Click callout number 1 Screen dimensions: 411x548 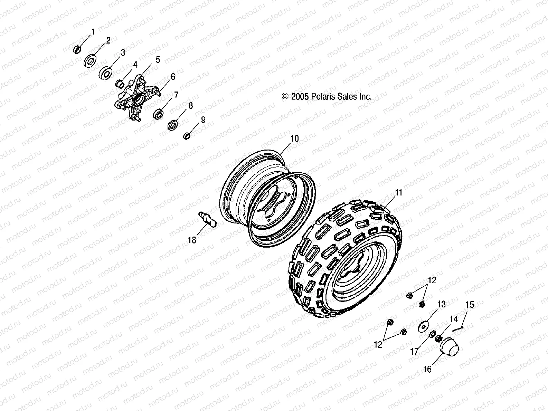(93, 32)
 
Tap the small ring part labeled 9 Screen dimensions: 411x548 (187, 136)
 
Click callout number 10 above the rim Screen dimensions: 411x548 (294, 139)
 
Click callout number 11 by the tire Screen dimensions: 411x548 (399, 192)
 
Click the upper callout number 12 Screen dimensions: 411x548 (432, 280)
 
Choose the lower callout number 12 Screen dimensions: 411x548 (378, 344)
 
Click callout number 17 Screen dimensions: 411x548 (414, 352)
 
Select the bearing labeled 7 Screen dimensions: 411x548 (160, 113)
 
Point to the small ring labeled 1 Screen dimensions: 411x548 (77, 50)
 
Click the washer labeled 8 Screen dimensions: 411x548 (173, 125)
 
